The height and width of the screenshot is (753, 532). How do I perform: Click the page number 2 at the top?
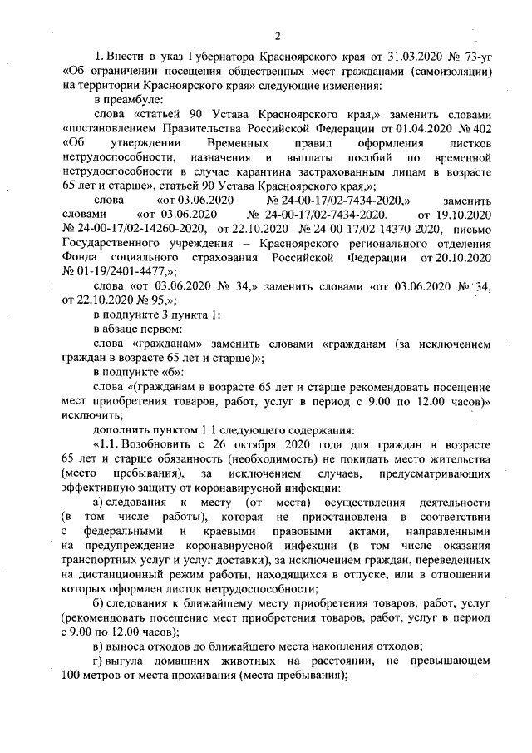[x=278, y=35]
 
